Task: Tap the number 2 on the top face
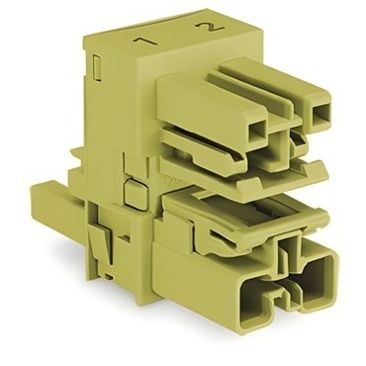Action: pyautogui.click(x=210, y=27)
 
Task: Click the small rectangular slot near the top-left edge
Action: pyautogui.click(x=97, y=67)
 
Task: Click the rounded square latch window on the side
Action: pyautogui.click(x=136, y=195)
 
